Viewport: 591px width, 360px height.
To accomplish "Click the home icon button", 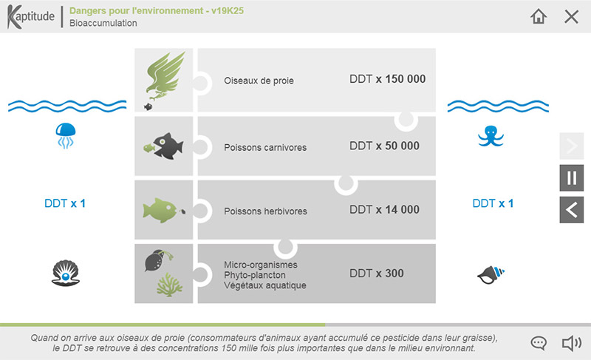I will [x=539, y=16].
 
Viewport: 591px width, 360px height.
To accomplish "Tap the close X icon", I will [x=571, y=16].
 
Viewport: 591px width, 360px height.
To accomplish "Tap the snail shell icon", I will [x=490, y=275].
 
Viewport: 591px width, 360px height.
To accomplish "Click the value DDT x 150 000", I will [x=387, y=79].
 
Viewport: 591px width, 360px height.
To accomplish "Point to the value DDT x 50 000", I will [x=384, y=146].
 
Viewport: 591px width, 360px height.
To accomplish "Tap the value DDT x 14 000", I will [x=384, y=209].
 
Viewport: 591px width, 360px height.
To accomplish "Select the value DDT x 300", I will [x=377, y=274].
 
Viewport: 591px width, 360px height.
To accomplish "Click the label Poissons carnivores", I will [x=265, y=147].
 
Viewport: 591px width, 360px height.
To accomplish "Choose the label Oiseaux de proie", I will [x=259, y=81].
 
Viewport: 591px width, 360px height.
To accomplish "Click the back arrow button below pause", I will [x=571, y=210].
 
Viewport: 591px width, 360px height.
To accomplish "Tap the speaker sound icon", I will [x=571, y=343].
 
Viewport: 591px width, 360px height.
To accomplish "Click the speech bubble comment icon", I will [x=539, y=343].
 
